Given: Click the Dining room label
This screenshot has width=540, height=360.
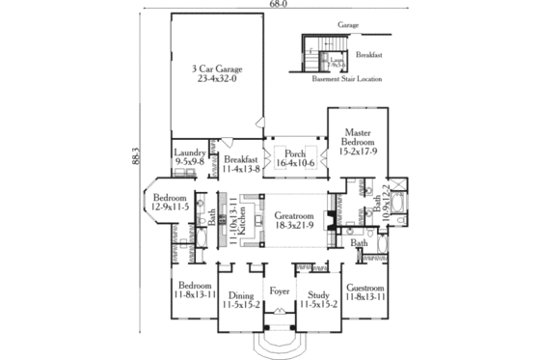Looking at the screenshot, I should click(239, 299).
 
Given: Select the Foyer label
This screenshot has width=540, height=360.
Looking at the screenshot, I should click(280, 290).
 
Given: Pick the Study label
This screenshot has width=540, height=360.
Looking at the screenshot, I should click(318, 299).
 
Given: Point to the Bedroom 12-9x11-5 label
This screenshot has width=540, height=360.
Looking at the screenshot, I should click(167, 202).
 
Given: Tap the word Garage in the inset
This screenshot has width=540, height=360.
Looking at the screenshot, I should click(347, 21).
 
